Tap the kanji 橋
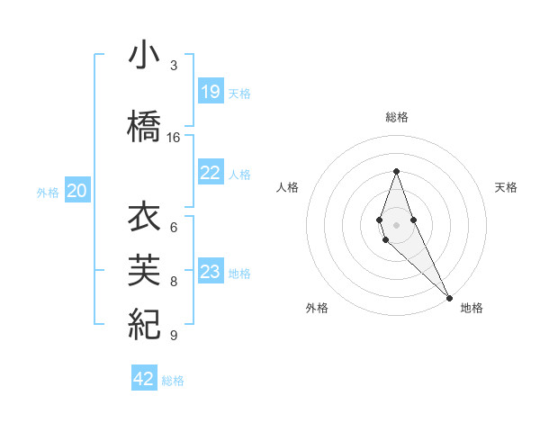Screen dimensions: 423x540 [144, 123]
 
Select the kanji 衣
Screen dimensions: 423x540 [144, 219]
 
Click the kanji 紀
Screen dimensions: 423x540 [144, 321]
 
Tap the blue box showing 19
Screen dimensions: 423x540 [211, 92]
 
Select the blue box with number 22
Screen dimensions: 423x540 [211, 173]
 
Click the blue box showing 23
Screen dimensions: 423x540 [211, 272]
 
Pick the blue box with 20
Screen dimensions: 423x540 [77, 190]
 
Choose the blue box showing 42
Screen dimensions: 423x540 [144, 379]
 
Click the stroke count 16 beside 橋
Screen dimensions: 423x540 [174, 138]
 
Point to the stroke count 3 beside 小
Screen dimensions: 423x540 [174, 66]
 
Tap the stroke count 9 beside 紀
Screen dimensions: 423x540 [174, 336]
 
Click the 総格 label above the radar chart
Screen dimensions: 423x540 [396, 117]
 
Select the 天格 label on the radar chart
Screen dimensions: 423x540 [506, 187]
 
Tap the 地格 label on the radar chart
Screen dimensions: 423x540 [472, 308]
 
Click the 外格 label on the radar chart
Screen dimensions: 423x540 [317, 308]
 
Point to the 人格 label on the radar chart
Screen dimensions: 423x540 [287, 187]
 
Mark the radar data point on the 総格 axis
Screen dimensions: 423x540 [396, 171]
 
